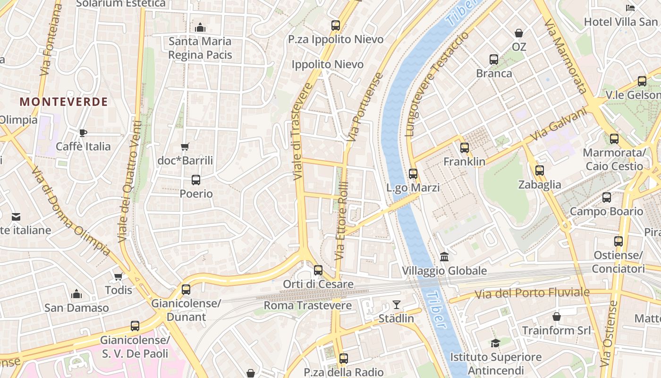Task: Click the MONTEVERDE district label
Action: coord(64,102)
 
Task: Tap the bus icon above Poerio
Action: coord(196,180)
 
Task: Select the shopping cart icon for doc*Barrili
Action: coord(185,147)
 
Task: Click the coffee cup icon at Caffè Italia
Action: coord(83,133)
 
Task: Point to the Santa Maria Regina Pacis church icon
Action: coord(200,27)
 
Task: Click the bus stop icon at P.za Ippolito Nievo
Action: coord(336,26)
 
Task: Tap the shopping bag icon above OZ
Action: coord(519,33)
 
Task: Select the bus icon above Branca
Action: coord(494,60)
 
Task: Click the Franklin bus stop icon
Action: coord(465,148)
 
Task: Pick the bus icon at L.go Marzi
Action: coord(413,174)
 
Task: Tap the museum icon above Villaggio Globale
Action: coord(444,257)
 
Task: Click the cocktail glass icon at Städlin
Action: coord(396,305)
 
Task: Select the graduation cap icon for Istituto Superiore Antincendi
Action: coord(495,343)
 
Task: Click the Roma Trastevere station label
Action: coord(307,305)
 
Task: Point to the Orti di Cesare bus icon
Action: coord(318,270)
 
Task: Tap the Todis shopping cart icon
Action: coord(118,276)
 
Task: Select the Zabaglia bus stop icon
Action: coord(540,171)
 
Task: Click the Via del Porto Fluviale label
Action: coord(532,293)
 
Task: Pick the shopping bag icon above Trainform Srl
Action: coord(557,316)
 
